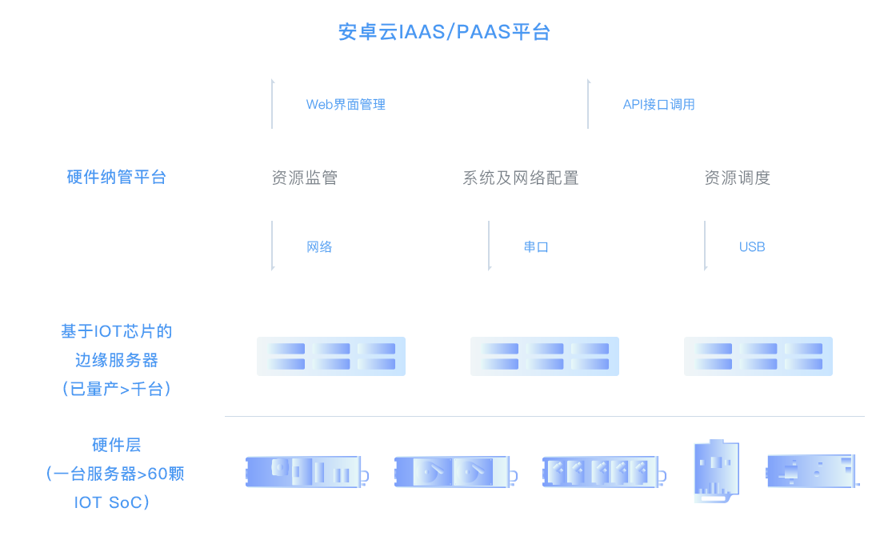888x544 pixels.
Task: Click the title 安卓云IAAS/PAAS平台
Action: coord(444,33)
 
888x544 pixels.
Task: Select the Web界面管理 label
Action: coord(346,104)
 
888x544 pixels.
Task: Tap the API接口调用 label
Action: coord(658,104)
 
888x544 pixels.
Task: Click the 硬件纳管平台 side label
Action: coord(117,177)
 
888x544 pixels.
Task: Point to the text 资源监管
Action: coord(305,178)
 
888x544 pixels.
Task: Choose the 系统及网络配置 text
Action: coord(520,178)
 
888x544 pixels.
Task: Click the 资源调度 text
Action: coord(737,178)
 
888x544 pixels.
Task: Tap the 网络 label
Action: coord(320,246)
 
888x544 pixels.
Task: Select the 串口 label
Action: coord(536,246)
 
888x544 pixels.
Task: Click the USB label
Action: coord(752,246)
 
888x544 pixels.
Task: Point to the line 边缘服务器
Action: coord(117,360)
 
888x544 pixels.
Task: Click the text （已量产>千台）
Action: coord(117,389)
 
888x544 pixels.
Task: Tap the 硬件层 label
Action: coord(117,445)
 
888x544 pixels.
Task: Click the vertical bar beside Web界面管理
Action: coord(273,103)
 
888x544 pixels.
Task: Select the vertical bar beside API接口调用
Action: coord(589,103)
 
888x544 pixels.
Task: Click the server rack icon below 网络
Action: coord(331,356)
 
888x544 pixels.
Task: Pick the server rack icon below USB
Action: coord(758,356)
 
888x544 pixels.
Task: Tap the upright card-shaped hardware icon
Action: coord(716,471)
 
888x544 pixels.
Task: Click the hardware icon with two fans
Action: coord(453,472)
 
